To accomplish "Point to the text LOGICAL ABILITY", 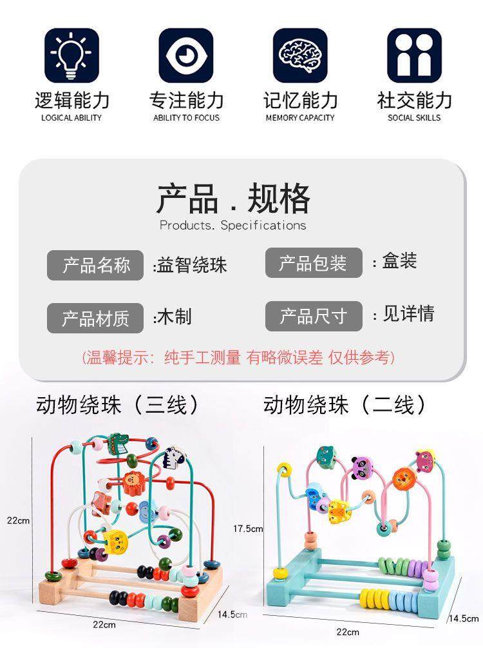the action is (x=71, y=118).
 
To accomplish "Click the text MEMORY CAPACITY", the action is (x=300, y=118).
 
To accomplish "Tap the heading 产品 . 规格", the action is (x=233, y=199).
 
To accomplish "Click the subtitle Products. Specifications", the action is (x=233, y=225).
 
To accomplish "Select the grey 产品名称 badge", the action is (x=95, y=265).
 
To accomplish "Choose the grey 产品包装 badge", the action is (x=314, y=263).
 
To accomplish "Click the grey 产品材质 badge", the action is (x=95, y=318).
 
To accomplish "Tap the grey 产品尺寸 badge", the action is (x=314, y=316).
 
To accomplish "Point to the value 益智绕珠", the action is (x=191, y=265).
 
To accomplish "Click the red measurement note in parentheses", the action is (x=238, y=357).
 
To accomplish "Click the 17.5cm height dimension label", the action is (x=248, y=529).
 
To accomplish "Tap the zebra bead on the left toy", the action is (x=173, y=458).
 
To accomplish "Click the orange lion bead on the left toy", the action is (x=133, y=480).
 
